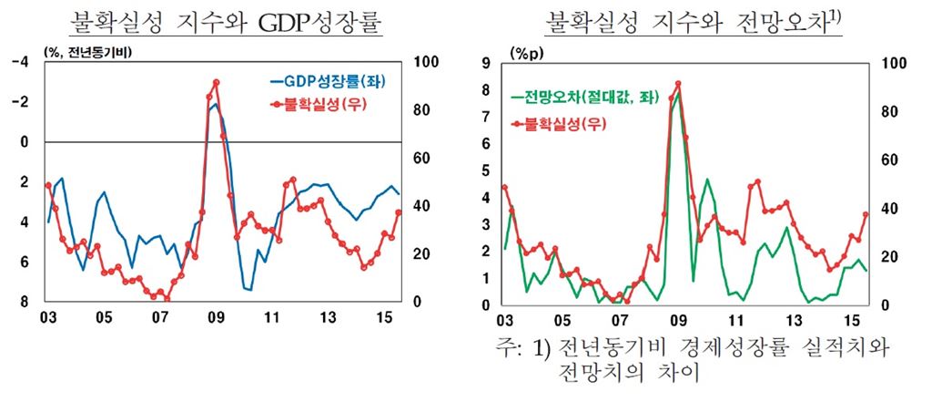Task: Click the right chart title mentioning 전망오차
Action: click(694, 21)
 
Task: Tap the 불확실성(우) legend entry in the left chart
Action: click(320, 103)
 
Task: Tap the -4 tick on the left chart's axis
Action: click(20, 62)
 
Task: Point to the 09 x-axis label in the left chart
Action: click(216, 318)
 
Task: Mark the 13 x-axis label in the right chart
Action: click(795, 322)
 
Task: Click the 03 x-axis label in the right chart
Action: click(503, 322)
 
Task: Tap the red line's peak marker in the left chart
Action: click(216, 82)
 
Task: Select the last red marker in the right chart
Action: click(866, 215)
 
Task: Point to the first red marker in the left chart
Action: click(47, 185)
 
